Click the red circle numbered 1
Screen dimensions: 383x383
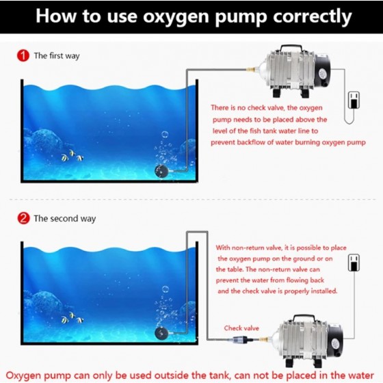[23, 55]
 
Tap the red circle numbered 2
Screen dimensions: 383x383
[23, 218]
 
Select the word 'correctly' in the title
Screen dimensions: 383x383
[313, 16]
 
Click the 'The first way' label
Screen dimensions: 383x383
[57, 55]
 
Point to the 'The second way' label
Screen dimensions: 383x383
[65, 218]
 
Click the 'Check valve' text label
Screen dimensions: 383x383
[241, 328]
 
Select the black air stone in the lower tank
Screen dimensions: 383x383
[161, 333]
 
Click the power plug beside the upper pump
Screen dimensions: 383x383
[354, 100]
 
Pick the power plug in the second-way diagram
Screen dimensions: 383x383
[354, 263]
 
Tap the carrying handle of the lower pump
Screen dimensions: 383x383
[304, 317]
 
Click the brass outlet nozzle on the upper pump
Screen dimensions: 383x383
[250, 69]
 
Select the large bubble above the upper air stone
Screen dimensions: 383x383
[165, 134]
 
